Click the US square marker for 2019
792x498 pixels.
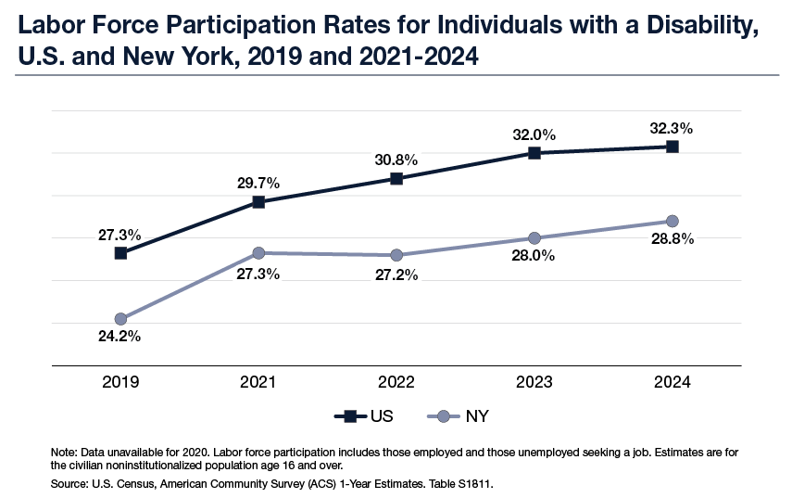[120, 252]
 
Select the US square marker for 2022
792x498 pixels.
[396, 179]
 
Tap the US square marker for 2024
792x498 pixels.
[673, 147]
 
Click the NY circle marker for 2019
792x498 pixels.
[120, 319]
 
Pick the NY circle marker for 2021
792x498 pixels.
[258, 253]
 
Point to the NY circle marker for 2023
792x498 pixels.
[534, 238]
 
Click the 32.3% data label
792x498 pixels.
[673, 128]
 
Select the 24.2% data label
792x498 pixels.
[120, 337]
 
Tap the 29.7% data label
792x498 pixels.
[258, 183]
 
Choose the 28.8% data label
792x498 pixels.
[673, 239]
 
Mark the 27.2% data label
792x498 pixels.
[396, 275]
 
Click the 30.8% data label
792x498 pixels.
[396, 160]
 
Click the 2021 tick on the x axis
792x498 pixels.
[258, 382]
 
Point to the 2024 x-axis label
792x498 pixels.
[673, 382]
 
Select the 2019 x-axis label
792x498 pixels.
[120, 382]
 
